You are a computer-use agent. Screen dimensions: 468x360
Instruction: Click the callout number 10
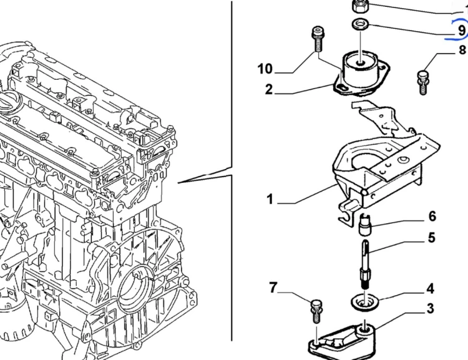click(x=265, y=69)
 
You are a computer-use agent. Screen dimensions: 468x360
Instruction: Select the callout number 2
click(x=269, y=89)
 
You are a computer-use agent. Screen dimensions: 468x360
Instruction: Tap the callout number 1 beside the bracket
click(x=270, y=199)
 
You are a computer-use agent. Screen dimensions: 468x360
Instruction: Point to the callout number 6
click(x=432, y=216)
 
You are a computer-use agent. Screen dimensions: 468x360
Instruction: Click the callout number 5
click(x=432, y=238)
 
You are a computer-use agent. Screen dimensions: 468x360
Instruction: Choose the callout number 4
click(x=430, y=289)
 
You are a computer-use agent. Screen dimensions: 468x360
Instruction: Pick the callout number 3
click(x=430, y=308)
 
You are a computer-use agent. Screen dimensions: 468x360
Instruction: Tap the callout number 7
click(x=273, y=288)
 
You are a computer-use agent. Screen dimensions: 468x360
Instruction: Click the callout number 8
click(x=462, y=49)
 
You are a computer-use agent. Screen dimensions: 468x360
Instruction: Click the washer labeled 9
click(x=360, y=24)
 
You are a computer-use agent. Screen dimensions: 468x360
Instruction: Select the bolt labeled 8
click(x=423, y=82)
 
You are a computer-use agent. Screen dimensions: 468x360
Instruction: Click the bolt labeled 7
click(x=316, y=311)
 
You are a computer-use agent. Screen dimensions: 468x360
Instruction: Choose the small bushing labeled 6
click(x=364, y=225)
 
